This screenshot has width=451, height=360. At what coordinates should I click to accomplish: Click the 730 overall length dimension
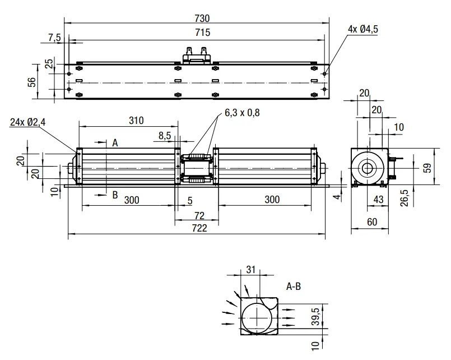point(202,19)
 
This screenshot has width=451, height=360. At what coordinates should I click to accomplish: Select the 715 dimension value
point(202,32)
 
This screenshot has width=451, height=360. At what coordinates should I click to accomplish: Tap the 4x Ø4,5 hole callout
point(363,29)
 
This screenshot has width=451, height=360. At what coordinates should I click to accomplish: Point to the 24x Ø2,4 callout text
point(28,122)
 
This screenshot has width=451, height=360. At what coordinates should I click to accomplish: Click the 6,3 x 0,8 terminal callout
point(242,113)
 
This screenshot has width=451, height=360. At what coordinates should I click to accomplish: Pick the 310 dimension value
point(136,121)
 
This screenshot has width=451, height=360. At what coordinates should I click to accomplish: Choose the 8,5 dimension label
point(165,136)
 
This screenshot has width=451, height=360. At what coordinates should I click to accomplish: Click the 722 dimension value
point(199,228)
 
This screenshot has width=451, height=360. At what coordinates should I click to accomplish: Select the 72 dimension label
point(199,215)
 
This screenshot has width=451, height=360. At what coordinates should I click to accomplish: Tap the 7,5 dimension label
point(55,38)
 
